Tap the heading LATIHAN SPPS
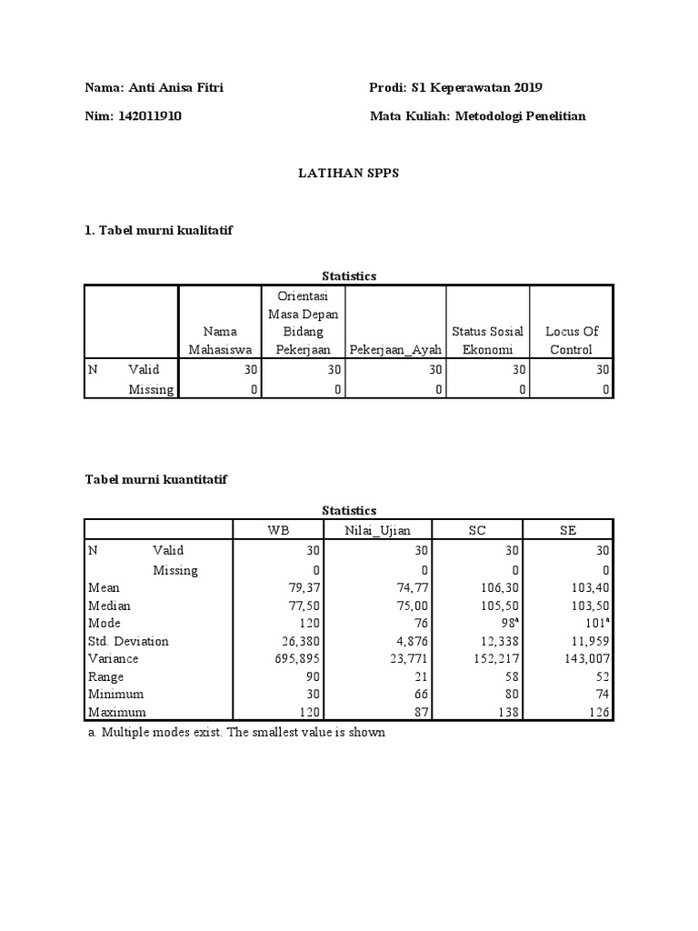coord(349,174)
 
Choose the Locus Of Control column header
coord(572,341)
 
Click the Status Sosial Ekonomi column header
coord(487,341)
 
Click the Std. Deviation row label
coord(128,642)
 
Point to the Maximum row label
coord(116,713)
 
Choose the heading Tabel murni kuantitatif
coord(155,480)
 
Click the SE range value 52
coord(602,677)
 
